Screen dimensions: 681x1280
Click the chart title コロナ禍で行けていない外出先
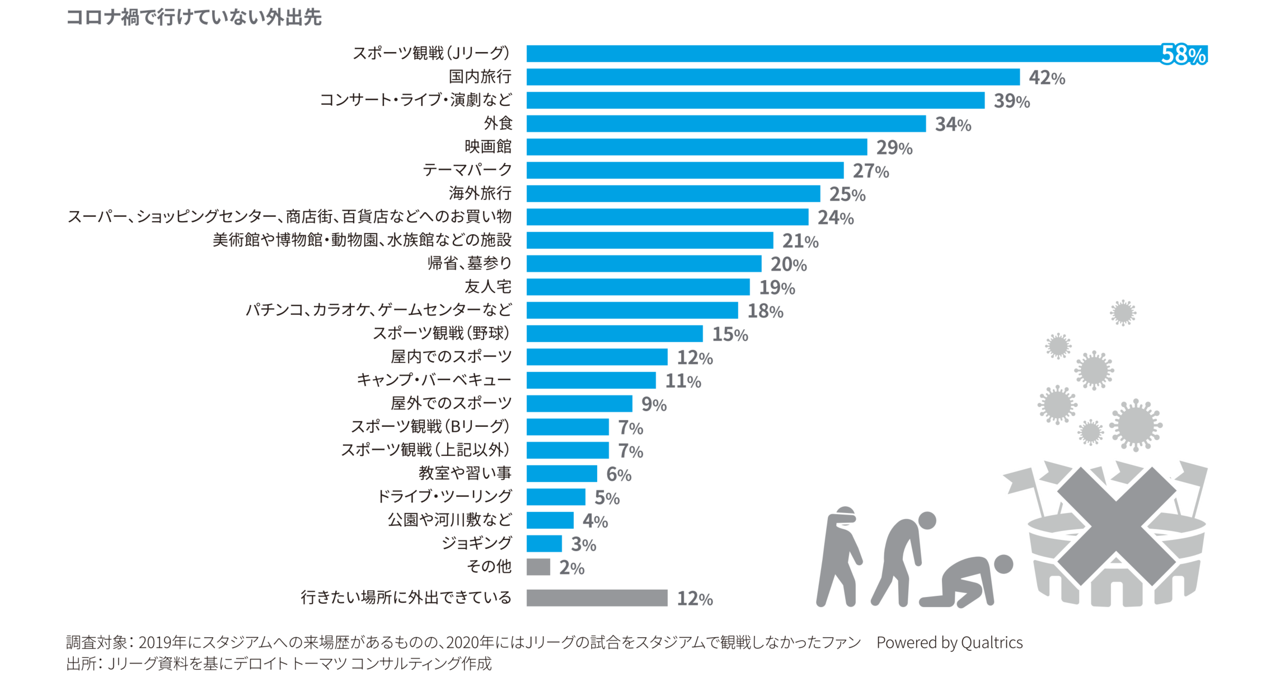[194, 17]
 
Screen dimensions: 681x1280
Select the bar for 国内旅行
[772, 77]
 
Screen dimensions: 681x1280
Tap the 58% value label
[1183, 54]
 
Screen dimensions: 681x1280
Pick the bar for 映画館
[696, 147]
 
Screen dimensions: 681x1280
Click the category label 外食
[498, 123]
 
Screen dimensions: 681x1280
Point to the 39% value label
[1011, 101]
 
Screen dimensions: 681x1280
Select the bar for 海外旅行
[673, 194]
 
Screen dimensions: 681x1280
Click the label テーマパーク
[467, 170]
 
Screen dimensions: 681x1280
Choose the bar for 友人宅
[637, 287]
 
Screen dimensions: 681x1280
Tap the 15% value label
[729, 334]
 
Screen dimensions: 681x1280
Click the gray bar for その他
[538, 567]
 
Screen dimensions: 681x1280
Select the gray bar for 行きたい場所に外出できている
[597, 598]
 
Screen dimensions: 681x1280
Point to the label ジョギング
[476, 543]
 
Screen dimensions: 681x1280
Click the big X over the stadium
[1116, 526]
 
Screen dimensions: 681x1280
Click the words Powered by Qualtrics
[949, 642]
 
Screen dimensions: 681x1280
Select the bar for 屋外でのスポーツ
[579, 403]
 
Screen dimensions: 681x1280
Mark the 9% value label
[653, 404]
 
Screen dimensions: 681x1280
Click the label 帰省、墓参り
[469, 263]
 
